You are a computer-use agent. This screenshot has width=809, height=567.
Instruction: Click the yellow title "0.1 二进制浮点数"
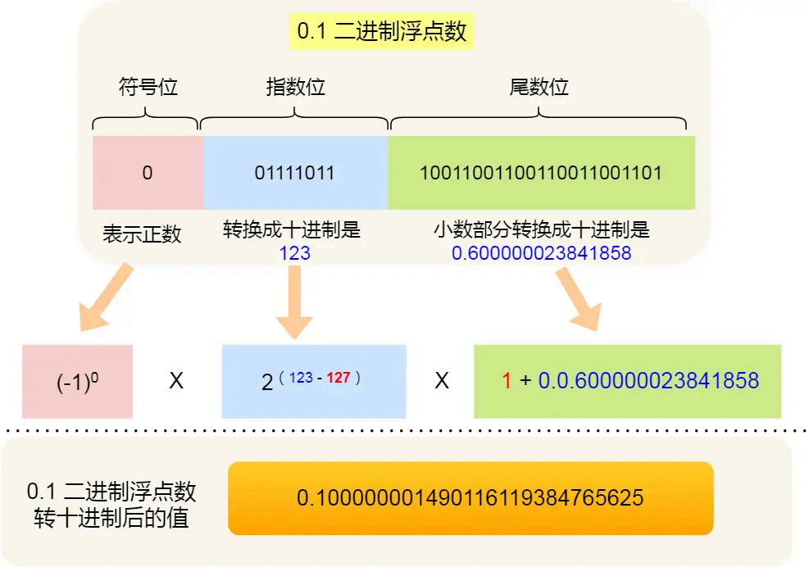381,32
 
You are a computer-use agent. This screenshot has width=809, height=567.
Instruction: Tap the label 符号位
148,87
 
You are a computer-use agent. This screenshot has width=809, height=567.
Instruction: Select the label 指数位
295,87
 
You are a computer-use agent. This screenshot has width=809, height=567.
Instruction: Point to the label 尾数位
539,87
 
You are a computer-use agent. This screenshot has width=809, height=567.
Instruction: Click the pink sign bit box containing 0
148,173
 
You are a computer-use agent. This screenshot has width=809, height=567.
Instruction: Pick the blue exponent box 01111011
295,173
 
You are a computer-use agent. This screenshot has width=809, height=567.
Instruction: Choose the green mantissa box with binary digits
541,173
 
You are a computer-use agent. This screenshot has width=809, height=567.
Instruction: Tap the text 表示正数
142,234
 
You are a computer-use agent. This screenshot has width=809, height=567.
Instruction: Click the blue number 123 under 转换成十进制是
295,253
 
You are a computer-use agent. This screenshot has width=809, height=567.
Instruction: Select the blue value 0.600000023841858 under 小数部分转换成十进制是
542,253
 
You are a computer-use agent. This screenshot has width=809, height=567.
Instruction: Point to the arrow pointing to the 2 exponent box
295,303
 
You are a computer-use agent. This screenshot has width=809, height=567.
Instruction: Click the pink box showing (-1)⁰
78,382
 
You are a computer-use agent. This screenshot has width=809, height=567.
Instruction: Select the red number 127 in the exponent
338,378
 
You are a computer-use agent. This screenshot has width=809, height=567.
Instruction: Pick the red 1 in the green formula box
507,381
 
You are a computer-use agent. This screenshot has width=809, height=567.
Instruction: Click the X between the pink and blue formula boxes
176,382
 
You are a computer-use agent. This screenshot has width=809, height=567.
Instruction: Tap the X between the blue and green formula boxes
442,382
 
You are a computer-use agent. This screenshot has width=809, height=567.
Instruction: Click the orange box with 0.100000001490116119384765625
470,498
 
